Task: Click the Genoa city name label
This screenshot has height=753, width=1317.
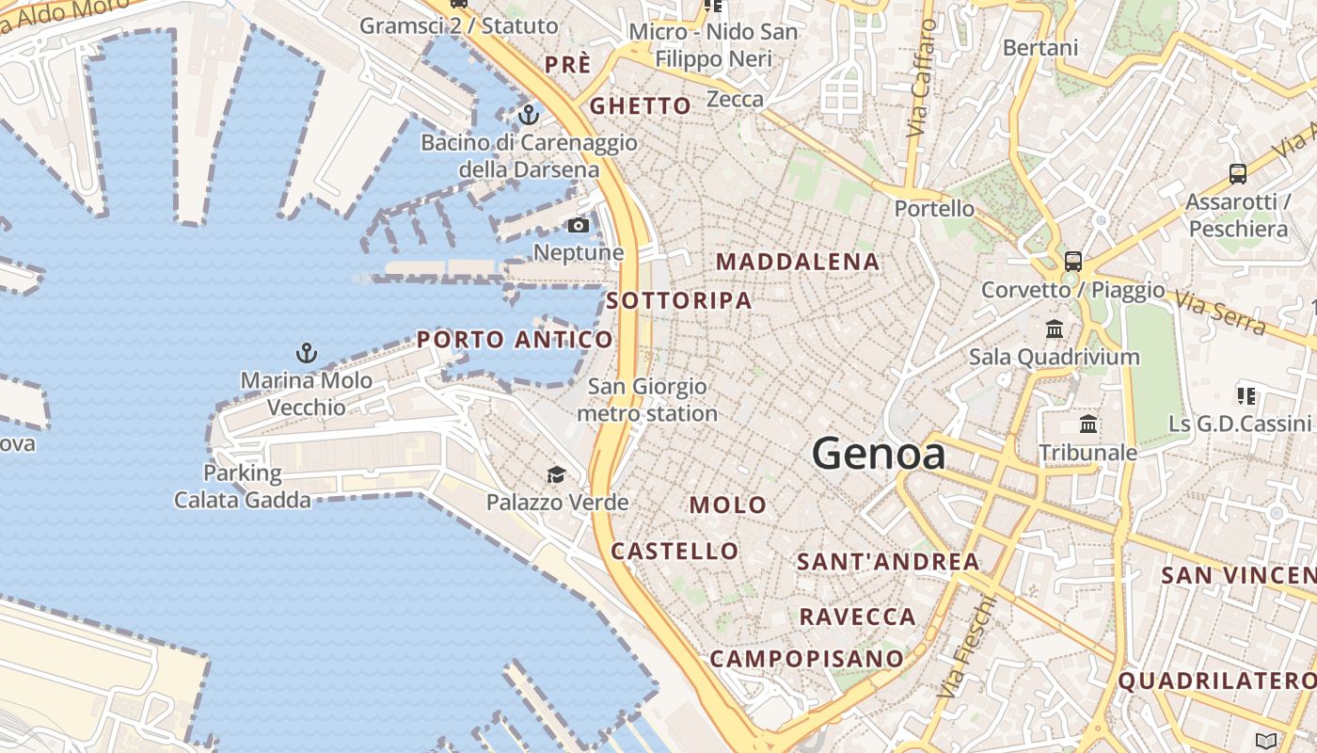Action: point(879,455)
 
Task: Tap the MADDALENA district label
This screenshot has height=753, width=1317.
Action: point(799,262)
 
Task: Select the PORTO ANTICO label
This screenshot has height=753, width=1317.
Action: point(515,339)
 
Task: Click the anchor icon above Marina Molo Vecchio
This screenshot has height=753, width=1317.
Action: point(307,354)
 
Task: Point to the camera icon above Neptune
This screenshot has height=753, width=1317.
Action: point(579,226)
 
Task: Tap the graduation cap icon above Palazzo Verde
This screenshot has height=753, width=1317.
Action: point(557,475)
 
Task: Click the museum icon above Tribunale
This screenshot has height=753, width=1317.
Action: point(1088,425)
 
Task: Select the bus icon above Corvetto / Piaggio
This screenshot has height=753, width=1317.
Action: point(1073,262)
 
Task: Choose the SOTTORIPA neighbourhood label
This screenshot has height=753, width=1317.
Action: point(679,301)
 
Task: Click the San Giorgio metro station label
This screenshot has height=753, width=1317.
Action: point(647,400)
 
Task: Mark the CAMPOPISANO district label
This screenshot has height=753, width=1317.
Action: point(806,659)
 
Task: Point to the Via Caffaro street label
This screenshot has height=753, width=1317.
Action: point(922,79)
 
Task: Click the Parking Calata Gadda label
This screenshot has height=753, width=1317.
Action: point(243,487)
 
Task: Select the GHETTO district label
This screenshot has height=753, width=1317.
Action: point(641,106)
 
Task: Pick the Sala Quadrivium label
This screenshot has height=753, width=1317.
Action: point(1055,357)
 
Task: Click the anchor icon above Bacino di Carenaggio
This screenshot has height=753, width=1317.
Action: point(529,116)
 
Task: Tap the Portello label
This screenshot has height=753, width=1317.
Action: point(934,208)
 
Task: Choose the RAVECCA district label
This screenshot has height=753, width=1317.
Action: point(857,617)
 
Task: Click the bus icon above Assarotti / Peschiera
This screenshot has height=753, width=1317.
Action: point(1238,174)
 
